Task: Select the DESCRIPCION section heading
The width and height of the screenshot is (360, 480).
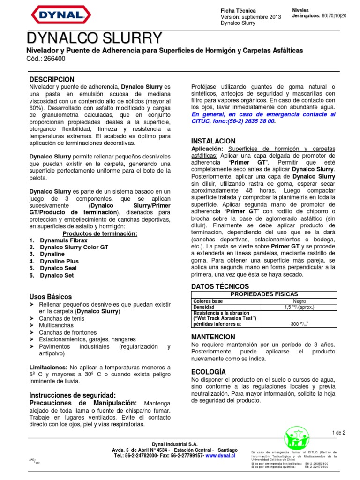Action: (x=52, y=80)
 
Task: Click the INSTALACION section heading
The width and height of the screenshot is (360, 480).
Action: (x=213, y=141)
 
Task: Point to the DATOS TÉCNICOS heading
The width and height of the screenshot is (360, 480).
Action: (x=220, y=286)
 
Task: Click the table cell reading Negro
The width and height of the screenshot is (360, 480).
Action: (x=300, y=301)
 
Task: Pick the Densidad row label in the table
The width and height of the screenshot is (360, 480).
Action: (x=203, y=307)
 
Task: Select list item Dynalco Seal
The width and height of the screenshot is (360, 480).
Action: (x=58, y=268)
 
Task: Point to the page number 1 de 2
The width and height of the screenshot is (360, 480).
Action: (x=337, y=433)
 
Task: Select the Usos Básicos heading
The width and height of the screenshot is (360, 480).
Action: (x=51, y=297)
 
